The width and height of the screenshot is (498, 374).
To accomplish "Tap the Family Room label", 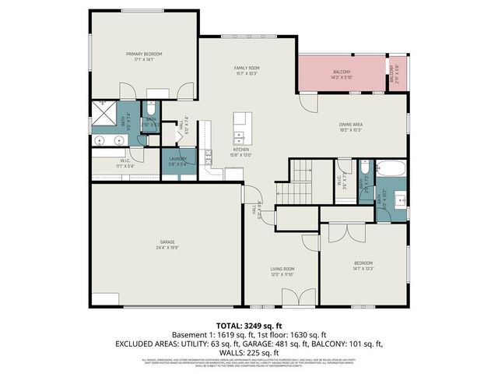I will pyautogui.click(x=247, y=69).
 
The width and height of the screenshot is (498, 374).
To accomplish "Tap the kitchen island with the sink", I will pyautogui.click(x=241, y=124).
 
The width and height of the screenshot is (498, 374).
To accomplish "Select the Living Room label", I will pyautogui.click(x=281, y=270).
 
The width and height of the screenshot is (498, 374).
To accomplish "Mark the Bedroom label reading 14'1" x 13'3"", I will pyautogui.click(x=363, y=267).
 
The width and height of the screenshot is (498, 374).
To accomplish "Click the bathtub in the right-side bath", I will pyautogui.click(x=390, y=169).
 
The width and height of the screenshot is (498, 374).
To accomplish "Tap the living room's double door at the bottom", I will pyautogui.click(x=289, y=300).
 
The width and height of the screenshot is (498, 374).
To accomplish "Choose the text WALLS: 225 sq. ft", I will pyautogui.click(x=249, y=352).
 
